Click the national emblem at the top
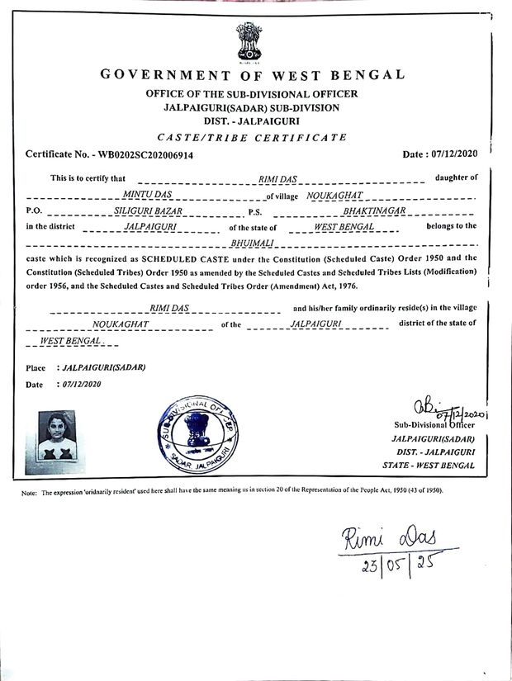pos(248,41)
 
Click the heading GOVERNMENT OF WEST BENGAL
pos(253,75)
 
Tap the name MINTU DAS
pos(142,195)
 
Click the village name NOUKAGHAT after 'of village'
pos(334,195)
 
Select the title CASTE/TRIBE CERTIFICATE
pos(252,137)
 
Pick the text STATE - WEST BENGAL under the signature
pos(429,466)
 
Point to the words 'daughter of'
pos(456,178)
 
